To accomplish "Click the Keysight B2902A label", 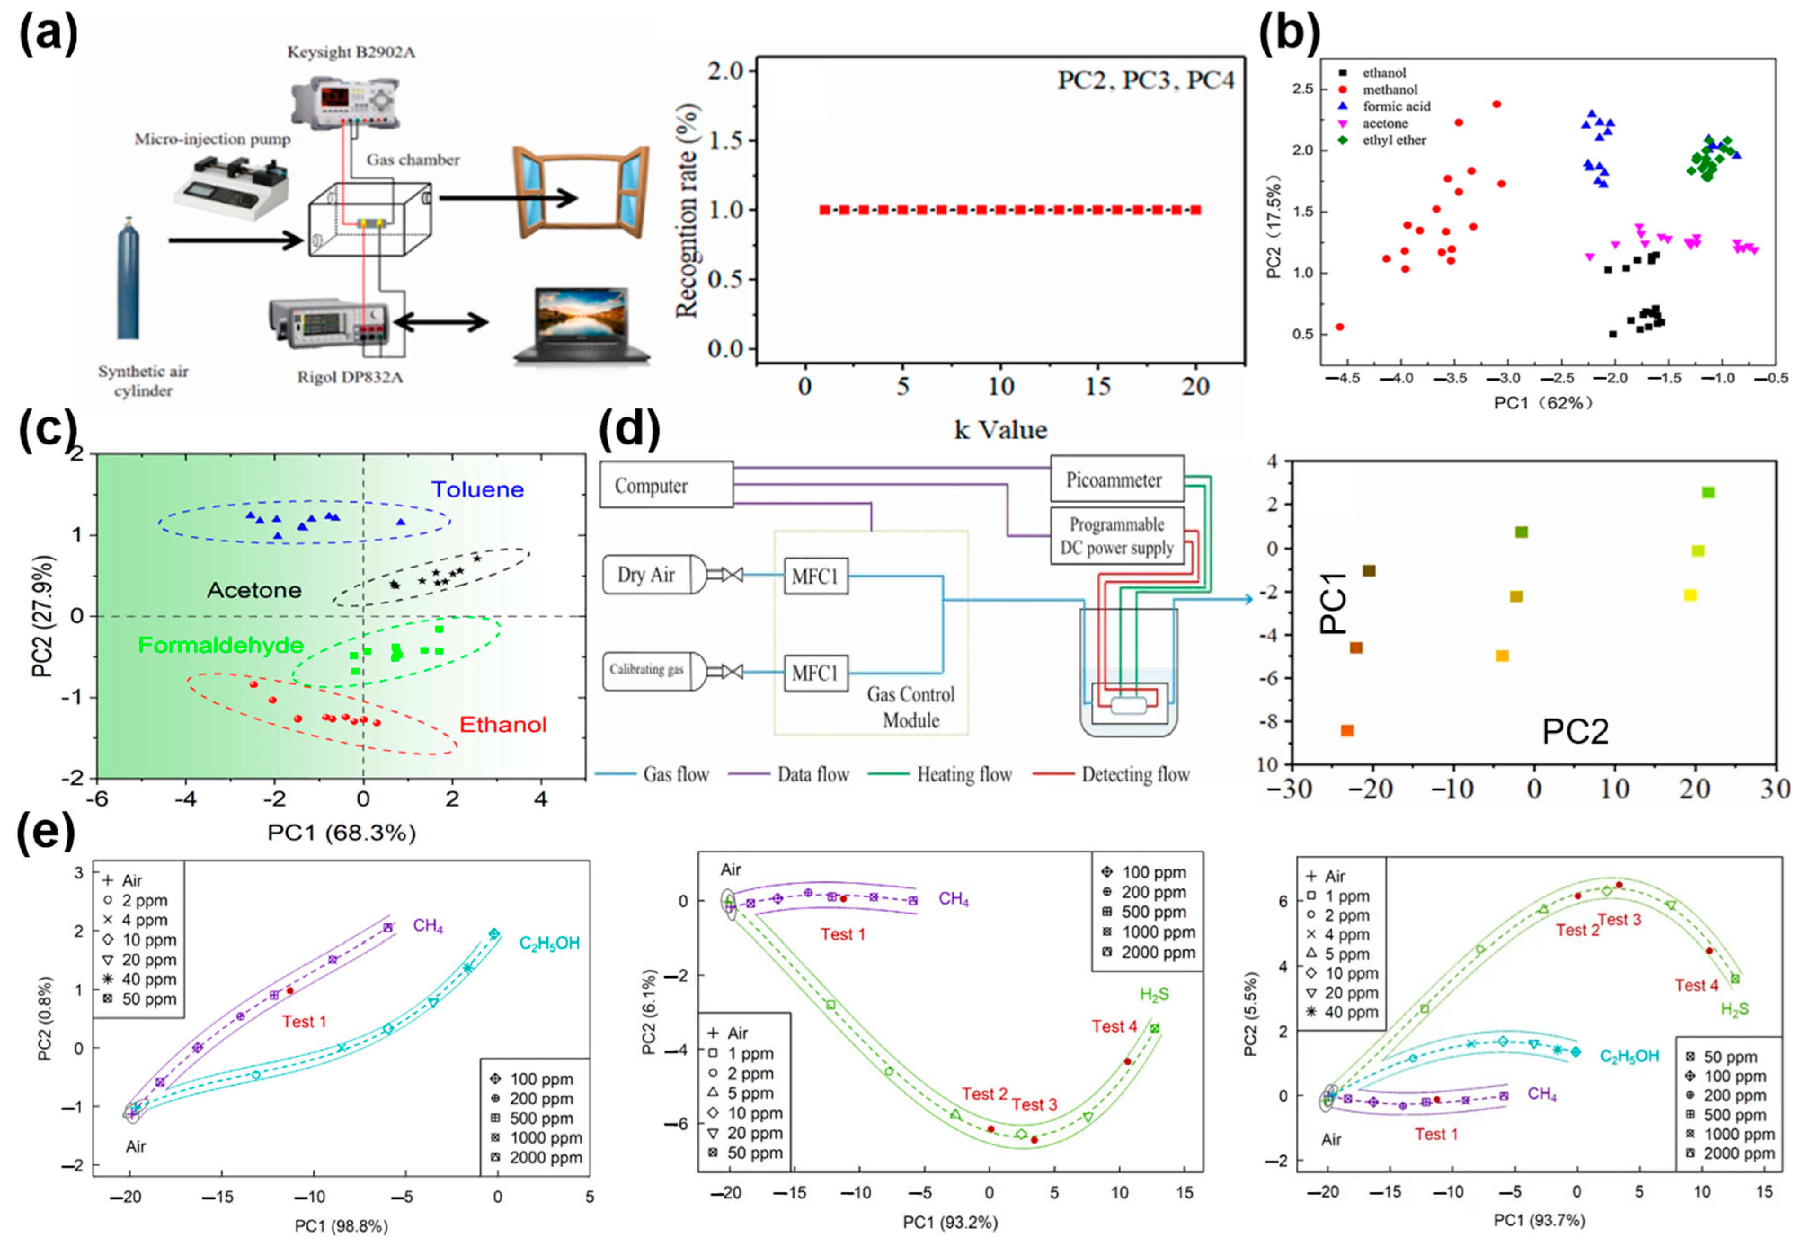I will click(351, 52).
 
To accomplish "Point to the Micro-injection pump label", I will click(213, 139).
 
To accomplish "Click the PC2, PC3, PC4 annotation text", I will click(1145, 80).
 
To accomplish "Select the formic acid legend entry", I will click(1396, 106).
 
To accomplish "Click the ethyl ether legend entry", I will click(1393, 141).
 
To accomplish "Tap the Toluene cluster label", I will click(477, 489).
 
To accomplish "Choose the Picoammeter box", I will click(1114, 480).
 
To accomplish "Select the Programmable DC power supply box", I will click(1116, 536).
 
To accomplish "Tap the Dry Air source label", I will click(646, 575).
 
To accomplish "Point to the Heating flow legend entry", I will click(963, 774).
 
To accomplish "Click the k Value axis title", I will click(1000, 430).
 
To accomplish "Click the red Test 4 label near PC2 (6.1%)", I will click(1114, 1026).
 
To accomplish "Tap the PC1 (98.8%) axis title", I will click(341, 1226).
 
